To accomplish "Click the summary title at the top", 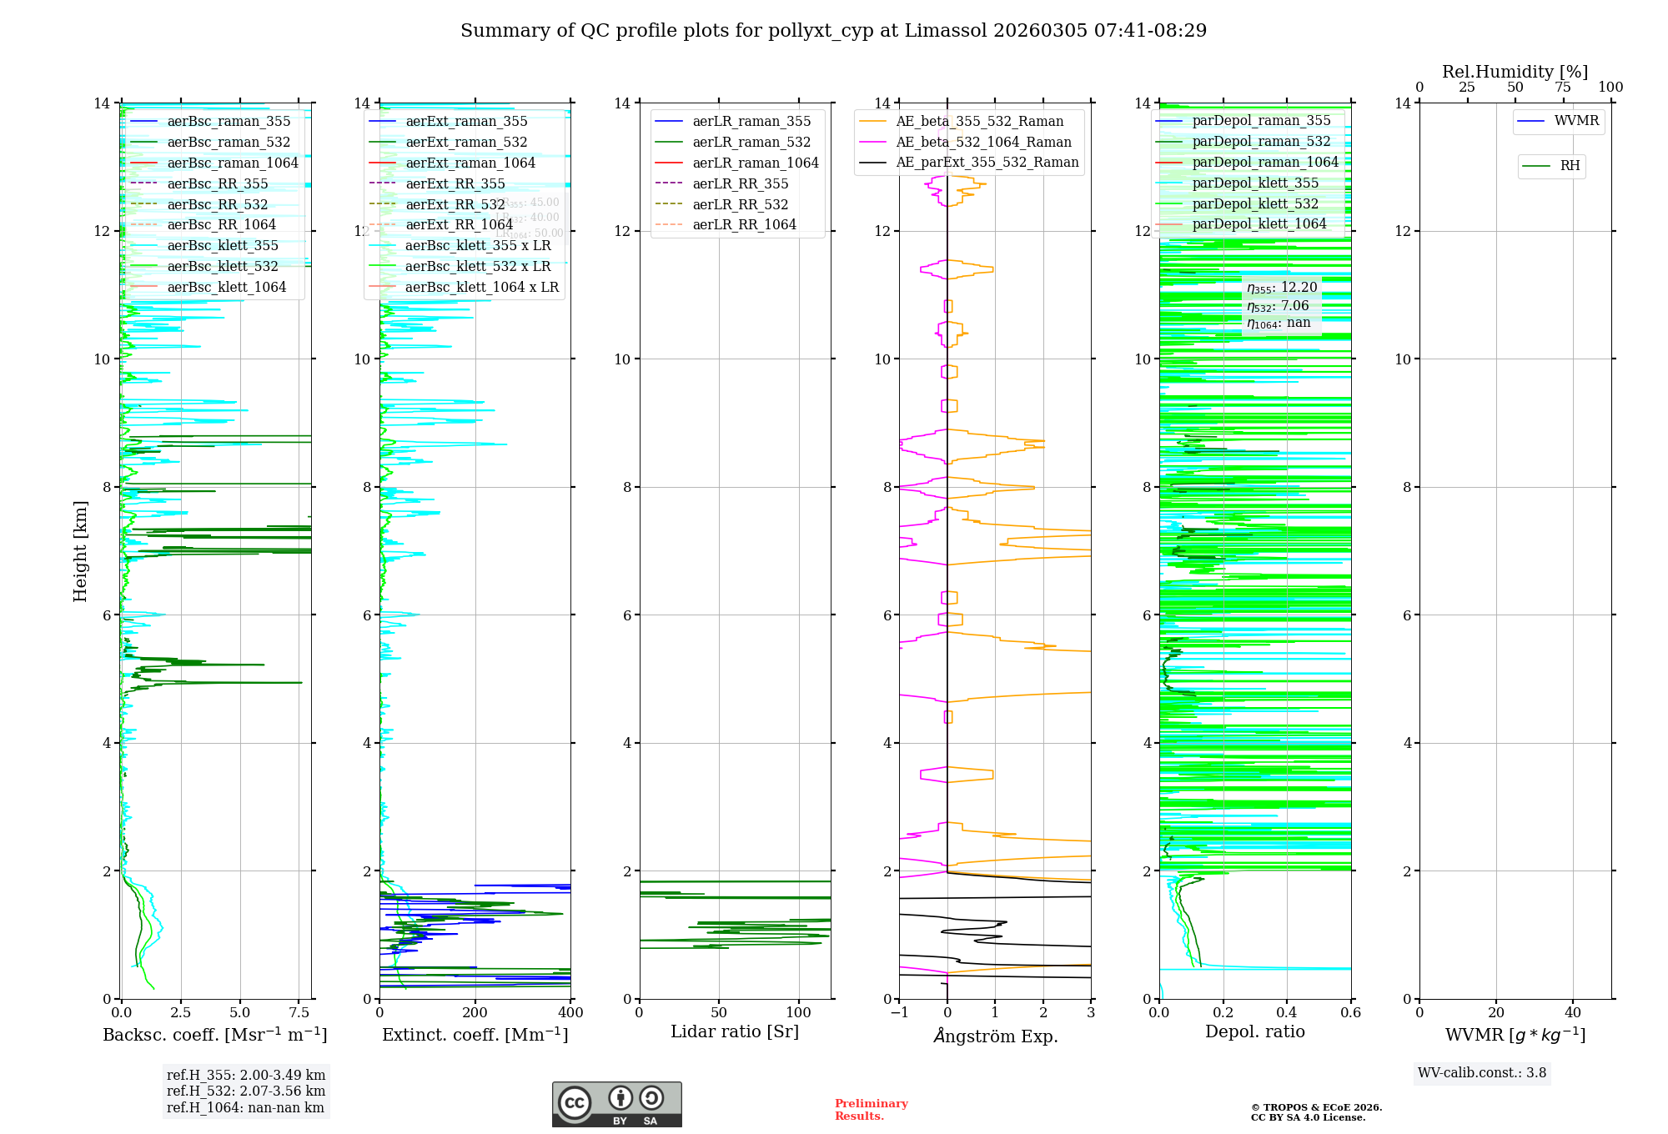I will coord(833,31).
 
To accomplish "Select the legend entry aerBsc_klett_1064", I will coord(226,287).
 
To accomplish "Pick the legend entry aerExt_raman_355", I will coord(466,121).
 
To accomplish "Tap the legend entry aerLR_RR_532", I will coord(740,204).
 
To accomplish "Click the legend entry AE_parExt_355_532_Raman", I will coord(987,162).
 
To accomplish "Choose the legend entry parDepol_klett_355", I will coord(1255,183).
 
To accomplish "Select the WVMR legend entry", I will coord(1576,121).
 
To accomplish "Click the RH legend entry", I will coord(1570,166).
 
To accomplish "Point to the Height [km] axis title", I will coord(80,550).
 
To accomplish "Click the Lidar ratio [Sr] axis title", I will coord(735,1031).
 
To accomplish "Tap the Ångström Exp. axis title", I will coord(996,1036).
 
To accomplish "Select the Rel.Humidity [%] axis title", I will coord(1515,72).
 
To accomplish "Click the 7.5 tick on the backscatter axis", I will coord(299,1013).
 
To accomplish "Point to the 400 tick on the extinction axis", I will coord(571,1013).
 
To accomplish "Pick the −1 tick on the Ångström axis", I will coord(899,1013).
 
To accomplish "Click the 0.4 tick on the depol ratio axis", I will coord(1287,1013).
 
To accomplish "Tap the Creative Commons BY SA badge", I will coord(616,1105).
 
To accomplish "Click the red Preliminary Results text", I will coord(871,1110).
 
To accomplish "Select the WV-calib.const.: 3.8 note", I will coord(1482,1073).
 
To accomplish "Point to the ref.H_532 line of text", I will coord(246,1091).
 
